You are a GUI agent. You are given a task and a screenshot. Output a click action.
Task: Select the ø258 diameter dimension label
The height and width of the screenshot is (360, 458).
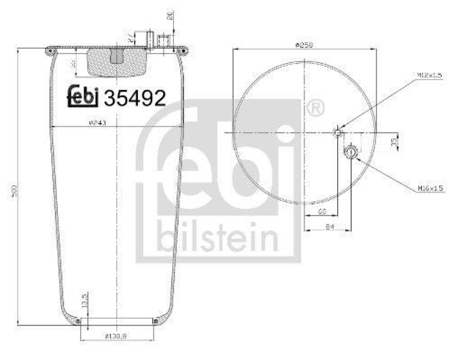click(304, 45)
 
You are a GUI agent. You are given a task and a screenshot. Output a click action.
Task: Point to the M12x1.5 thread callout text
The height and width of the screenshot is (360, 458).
click(430, 75)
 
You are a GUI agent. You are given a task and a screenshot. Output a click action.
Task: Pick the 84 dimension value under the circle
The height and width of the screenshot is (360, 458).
click(329, 228)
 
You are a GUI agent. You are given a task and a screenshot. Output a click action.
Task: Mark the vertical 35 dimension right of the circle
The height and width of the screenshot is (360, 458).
click(394, 141)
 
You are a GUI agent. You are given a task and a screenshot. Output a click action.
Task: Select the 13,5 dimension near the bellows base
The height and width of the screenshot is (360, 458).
click(85, 300)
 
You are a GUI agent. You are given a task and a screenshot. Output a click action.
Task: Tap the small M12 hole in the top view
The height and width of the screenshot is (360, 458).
click(338, 133)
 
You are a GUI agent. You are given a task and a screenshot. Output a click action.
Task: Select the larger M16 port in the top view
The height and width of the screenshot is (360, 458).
click(350, 152)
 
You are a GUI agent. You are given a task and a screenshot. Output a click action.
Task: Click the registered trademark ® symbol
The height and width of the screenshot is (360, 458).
click(331, 107)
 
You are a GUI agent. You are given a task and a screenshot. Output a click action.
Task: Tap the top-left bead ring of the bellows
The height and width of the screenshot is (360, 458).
click(48, 52)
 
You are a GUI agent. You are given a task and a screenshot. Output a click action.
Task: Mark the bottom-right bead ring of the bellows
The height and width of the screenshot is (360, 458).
click(155, 321)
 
